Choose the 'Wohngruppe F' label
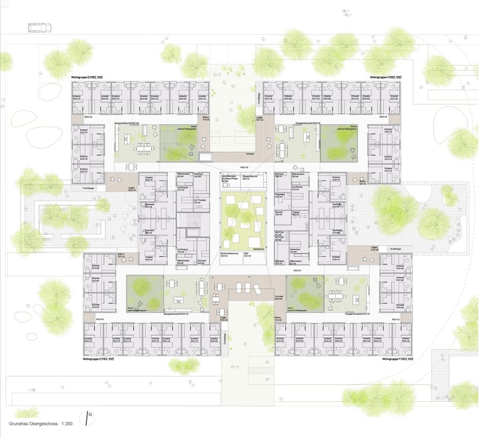click(398, 359)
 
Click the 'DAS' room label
click(246, 253)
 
